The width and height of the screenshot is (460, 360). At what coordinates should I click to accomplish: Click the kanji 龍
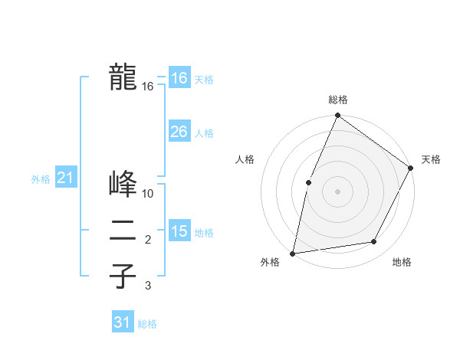click(123, 77)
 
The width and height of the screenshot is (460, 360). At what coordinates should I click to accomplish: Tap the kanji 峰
click(123, 184)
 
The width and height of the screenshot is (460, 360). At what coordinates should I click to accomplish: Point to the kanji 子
click(123, 276)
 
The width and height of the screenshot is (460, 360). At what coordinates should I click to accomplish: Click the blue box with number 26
click(179, 132)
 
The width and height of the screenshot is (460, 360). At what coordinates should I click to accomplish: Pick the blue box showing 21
click(65, 178)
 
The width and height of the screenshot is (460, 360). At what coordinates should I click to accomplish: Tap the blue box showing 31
click(123, 322)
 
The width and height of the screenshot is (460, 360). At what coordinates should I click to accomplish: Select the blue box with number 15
click(179, 231)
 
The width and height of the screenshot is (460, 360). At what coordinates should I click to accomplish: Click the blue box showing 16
click(179, 78)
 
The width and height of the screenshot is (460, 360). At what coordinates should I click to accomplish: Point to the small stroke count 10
click(148, 194)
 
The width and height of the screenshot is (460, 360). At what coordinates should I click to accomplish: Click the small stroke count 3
click(148, 286)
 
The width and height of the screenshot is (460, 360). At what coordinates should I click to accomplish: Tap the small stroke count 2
click(148, 240)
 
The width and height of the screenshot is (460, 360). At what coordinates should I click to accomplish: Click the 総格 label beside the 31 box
click(147, 324)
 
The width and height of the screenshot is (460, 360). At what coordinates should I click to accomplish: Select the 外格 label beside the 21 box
click(41, 179)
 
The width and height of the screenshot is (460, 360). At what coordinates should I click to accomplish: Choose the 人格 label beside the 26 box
click(204, 133)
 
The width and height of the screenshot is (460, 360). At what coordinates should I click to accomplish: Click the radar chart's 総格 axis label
click(337, 100)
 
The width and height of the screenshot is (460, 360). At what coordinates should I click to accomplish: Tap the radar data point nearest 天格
click(410, 168)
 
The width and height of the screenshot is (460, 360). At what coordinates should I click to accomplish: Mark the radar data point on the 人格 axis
click(308, 182)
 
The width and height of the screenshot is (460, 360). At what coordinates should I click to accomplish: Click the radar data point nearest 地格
click(374, 242)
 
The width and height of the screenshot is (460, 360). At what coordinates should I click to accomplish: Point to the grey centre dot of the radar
click(337, 191)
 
